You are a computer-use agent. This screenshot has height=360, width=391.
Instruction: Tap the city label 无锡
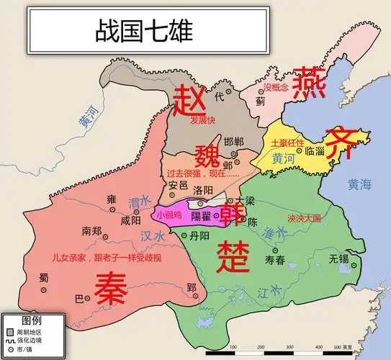[339, 258]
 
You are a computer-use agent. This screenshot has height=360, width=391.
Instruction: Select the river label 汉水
[150, 235]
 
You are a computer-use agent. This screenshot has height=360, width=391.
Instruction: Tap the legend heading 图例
[32, 320]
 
